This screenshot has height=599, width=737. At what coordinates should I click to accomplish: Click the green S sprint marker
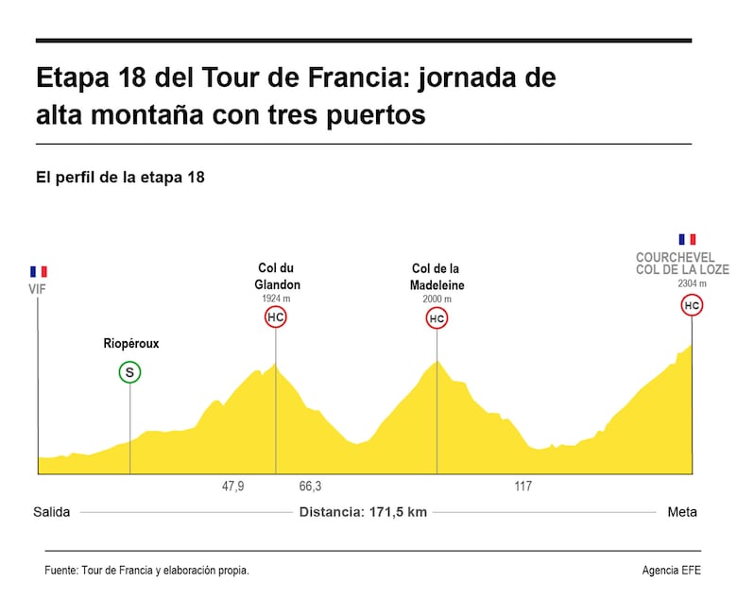pos(130,372)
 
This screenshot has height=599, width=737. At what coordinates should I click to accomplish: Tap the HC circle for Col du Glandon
pos(275,317)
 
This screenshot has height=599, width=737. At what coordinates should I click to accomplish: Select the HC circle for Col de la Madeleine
pos(437,319)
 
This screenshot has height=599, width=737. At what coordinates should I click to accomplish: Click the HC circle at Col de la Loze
pos(692,305)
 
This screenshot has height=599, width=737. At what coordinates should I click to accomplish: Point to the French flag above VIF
pos(38,271)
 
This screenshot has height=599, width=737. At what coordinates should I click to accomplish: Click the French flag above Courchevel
pos(687,240)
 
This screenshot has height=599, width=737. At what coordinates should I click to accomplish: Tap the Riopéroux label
pos(131,344)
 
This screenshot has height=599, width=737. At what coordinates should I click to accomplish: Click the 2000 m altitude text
pos(437,299)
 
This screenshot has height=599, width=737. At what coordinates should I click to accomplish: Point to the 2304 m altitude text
pos(692,283)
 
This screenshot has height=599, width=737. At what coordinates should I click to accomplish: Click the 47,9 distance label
pos(233,487)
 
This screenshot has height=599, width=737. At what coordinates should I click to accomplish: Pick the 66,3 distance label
pos(310,487)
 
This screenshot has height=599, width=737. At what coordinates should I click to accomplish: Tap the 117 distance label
pos(523,487)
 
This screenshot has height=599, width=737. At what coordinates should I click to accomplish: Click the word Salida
pos(52,512)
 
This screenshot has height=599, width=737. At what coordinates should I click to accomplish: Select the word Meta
pos(682,512)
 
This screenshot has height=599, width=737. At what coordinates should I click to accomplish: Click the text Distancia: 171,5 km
pos(363,512)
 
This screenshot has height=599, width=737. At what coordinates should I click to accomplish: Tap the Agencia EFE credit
pos(673,571)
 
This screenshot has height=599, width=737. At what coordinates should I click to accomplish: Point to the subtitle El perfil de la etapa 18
pos(120,177)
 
